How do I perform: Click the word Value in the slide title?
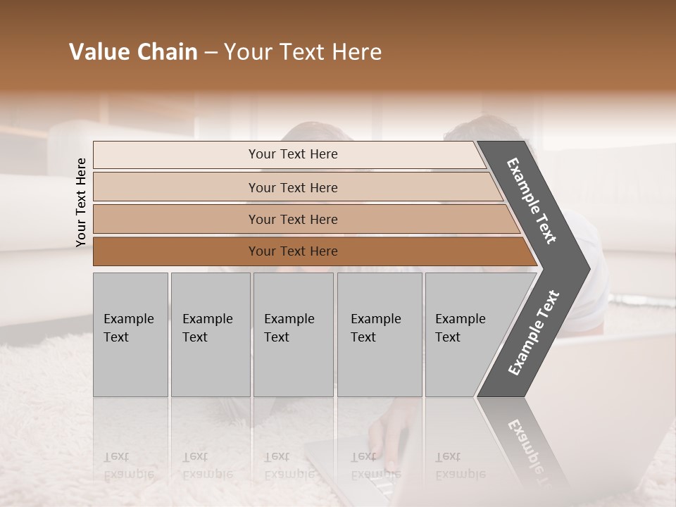click(x=98, y=52)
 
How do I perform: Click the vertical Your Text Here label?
click(x=81, y=202)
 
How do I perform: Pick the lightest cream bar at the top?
click(x=289, y=154)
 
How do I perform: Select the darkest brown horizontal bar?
click(x=310, y=251)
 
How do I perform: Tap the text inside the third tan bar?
click(x=293, y=220)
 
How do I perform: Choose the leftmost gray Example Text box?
click(x=130, y=334)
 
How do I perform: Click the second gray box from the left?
click(x=210, y=334)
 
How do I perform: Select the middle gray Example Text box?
click(x=293, y=334)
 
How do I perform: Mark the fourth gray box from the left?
click(x=379, y=334)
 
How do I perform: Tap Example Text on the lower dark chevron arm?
click(x=533, y=333)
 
